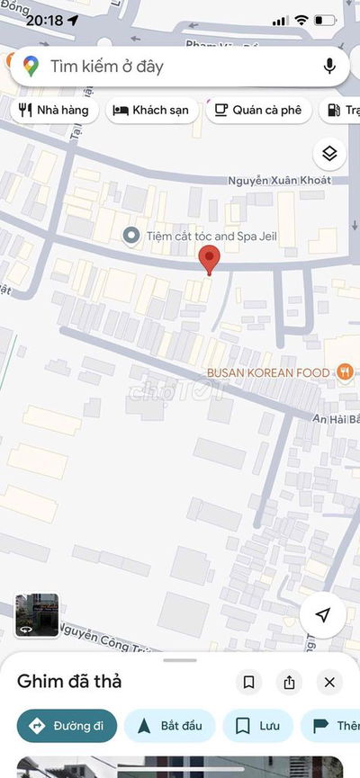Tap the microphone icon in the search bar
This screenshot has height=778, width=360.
point(329,66)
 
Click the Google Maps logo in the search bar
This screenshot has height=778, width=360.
point(31,66)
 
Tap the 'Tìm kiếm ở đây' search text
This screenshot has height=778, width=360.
point(106,66)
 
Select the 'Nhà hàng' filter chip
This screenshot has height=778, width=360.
point(54,111)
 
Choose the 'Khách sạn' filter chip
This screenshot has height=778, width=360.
point(151,111)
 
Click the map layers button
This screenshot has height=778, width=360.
point(328,154)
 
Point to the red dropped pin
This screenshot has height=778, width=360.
point(210,259)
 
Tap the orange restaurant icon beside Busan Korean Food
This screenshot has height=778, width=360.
point(344,371)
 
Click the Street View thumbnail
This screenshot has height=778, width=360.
point(37,616)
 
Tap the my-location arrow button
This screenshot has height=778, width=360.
point(322,614)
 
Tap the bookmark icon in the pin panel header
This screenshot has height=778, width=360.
point(249,683)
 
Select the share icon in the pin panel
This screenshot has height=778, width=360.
point(289,683)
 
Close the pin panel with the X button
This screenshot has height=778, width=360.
point(329,683)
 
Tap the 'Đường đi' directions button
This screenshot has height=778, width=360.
point(67,726)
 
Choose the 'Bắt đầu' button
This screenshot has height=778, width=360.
point(169,726)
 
